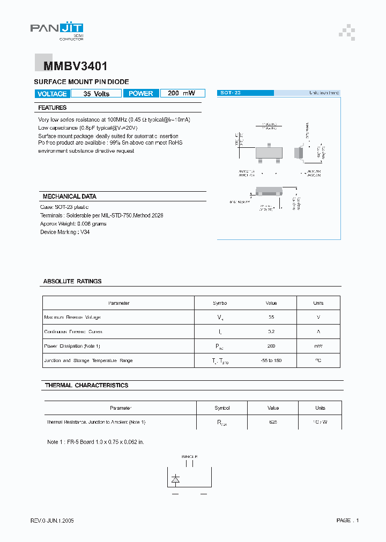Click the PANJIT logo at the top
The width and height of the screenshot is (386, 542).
click(56, 30)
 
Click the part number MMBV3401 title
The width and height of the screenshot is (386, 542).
click(71, 66)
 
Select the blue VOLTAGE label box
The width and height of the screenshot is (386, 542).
click(51, 93)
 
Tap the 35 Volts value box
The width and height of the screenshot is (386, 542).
click(96, 93)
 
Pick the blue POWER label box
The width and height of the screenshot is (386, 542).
click(141, 93)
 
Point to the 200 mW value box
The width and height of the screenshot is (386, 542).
click(182, 93)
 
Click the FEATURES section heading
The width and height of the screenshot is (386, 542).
click(53, 108)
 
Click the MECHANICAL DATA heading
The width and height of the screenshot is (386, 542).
click(69, 197)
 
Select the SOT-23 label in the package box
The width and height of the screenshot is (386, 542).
click(231, 93)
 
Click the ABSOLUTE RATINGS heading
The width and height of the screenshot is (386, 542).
click(72, 281)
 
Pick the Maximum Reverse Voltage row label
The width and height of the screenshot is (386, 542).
click(72, 317)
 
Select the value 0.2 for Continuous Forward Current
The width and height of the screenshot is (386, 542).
click(271, 332)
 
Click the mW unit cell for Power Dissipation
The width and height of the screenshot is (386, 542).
click(318, 346)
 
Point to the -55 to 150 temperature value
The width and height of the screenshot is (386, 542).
click(271, 360)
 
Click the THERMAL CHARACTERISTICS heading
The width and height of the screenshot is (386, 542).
click(86, 385)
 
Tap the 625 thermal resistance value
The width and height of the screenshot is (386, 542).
click(273, 422)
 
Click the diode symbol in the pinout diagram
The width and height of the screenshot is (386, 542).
click(175, 478)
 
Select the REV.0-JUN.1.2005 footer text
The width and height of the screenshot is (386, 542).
click(52, 520)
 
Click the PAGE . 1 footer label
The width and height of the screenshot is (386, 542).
click(347, 520)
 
